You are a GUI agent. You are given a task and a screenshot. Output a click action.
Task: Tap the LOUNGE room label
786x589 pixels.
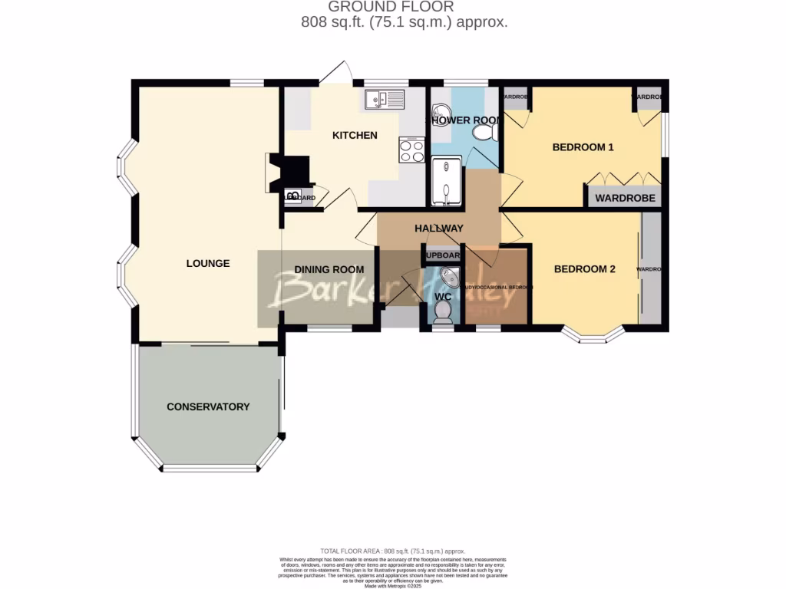click(208, 263)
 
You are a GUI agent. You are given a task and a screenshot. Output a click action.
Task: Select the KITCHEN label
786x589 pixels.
click(354, 136)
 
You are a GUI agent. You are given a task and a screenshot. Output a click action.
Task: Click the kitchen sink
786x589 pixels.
click(385, 99)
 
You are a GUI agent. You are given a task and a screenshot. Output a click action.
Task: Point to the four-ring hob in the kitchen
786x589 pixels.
click(411, 150)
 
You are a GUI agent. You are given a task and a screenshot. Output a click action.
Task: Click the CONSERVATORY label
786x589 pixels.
click(208, 406)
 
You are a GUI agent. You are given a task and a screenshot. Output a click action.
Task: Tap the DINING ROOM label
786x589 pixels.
click(329, 269)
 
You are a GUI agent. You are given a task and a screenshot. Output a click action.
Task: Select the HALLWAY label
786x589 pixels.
click(439, 228)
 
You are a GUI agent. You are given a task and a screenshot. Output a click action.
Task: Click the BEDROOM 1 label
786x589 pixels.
click(583, 147)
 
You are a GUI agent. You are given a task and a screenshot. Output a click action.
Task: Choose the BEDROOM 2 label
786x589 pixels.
click(585, 269)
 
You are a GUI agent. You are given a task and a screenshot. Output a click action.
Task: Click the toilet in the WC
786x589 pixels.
click(442, 311)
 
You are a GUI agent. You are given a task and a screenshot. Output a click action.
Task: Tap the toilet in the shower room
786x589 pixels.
click(484, 134)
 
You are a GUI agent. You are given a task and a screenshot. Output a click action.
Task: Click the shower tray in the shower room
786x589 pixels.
click(446, 182)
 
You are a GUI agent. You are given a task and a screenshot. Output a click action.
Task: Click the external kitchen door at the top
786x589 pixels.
click(335, 74)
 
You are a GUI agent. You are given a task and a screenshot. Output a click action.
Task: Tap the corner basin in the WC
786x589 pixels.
click(451, 277)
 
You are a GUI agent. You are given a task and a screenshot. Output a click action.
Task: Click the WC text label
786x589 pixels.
click(443, 296)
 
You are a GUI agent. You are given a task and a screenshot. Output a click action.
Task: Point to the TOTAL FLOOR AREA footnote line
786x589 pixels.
click(392, 551)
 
